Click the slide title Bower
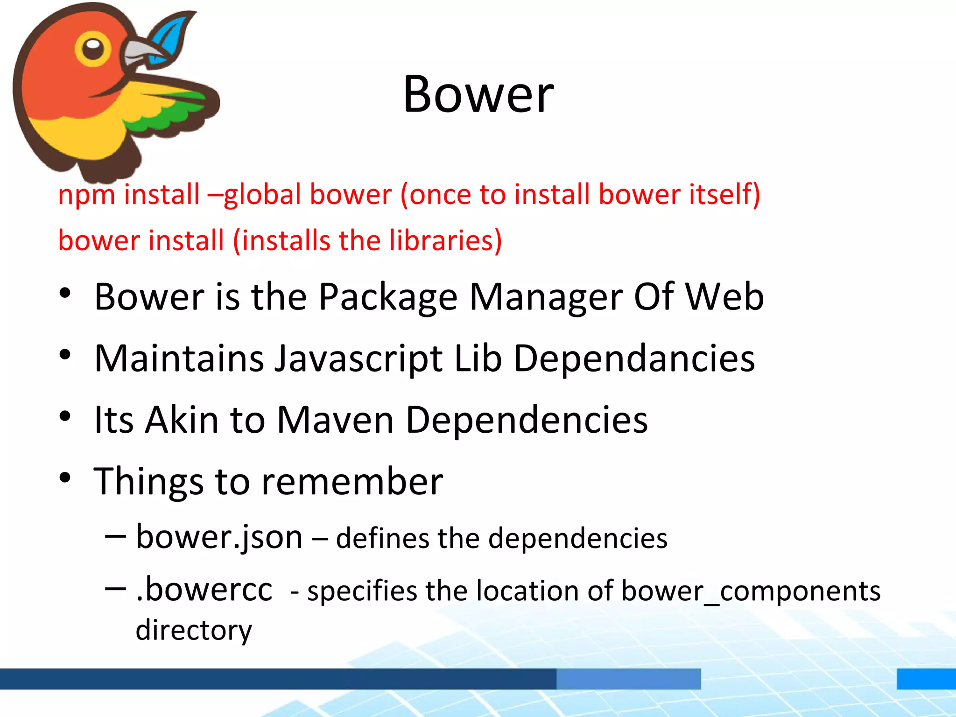pyautogui.click(x=478, y=94)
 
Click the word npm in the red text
pyautogui.click(x=86, y=195)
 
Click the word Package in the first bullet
pyautogui.click(x=388, y=297)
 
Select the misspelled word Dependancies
pyautogui.click(x=634, y=359)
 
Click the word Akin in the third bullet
pyautogui.click(x=182, y=420)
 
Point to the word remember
pyautogui.click(x=352, y=482)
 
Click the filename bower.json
pyautogui.click(x=219, y=538)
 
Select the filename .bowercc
pyautogui.click(x=204, y=590)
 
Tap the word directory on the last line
pyautogui.click(x=194, y=630)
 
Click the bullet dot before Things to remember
pyautogui.click(x=65, y=478)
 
